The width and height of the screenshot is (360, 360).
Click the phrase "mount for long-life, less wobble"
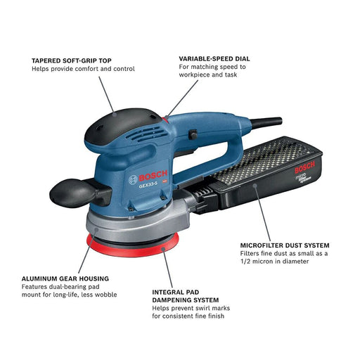[x=69, y=295]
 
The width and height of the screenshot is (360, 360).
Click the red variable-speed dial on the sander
[x=165, y=121]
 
